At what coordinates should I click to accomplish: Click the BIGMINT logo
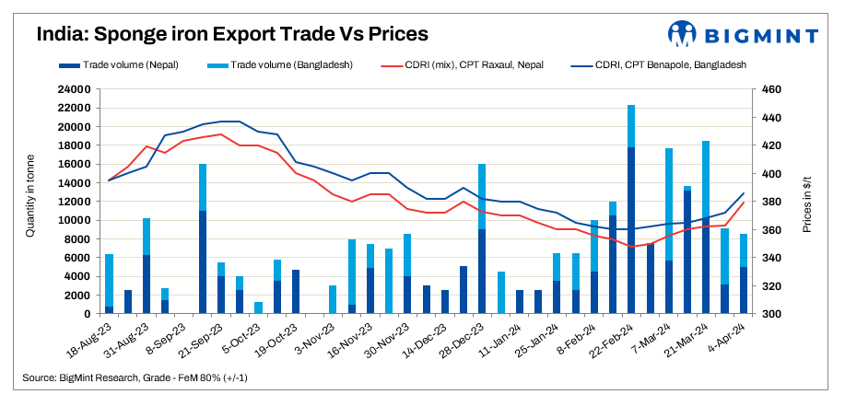pos(743,35)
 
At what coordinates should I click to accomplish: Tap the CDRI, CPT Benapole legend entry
pos(657,65)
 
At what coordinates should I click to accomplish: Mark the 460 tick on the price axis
pos(770,89)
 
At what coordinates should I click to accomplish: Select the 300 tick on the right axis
pos(770,314)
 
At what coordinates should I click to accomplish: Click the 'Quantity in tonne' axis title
pos(30,200)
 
